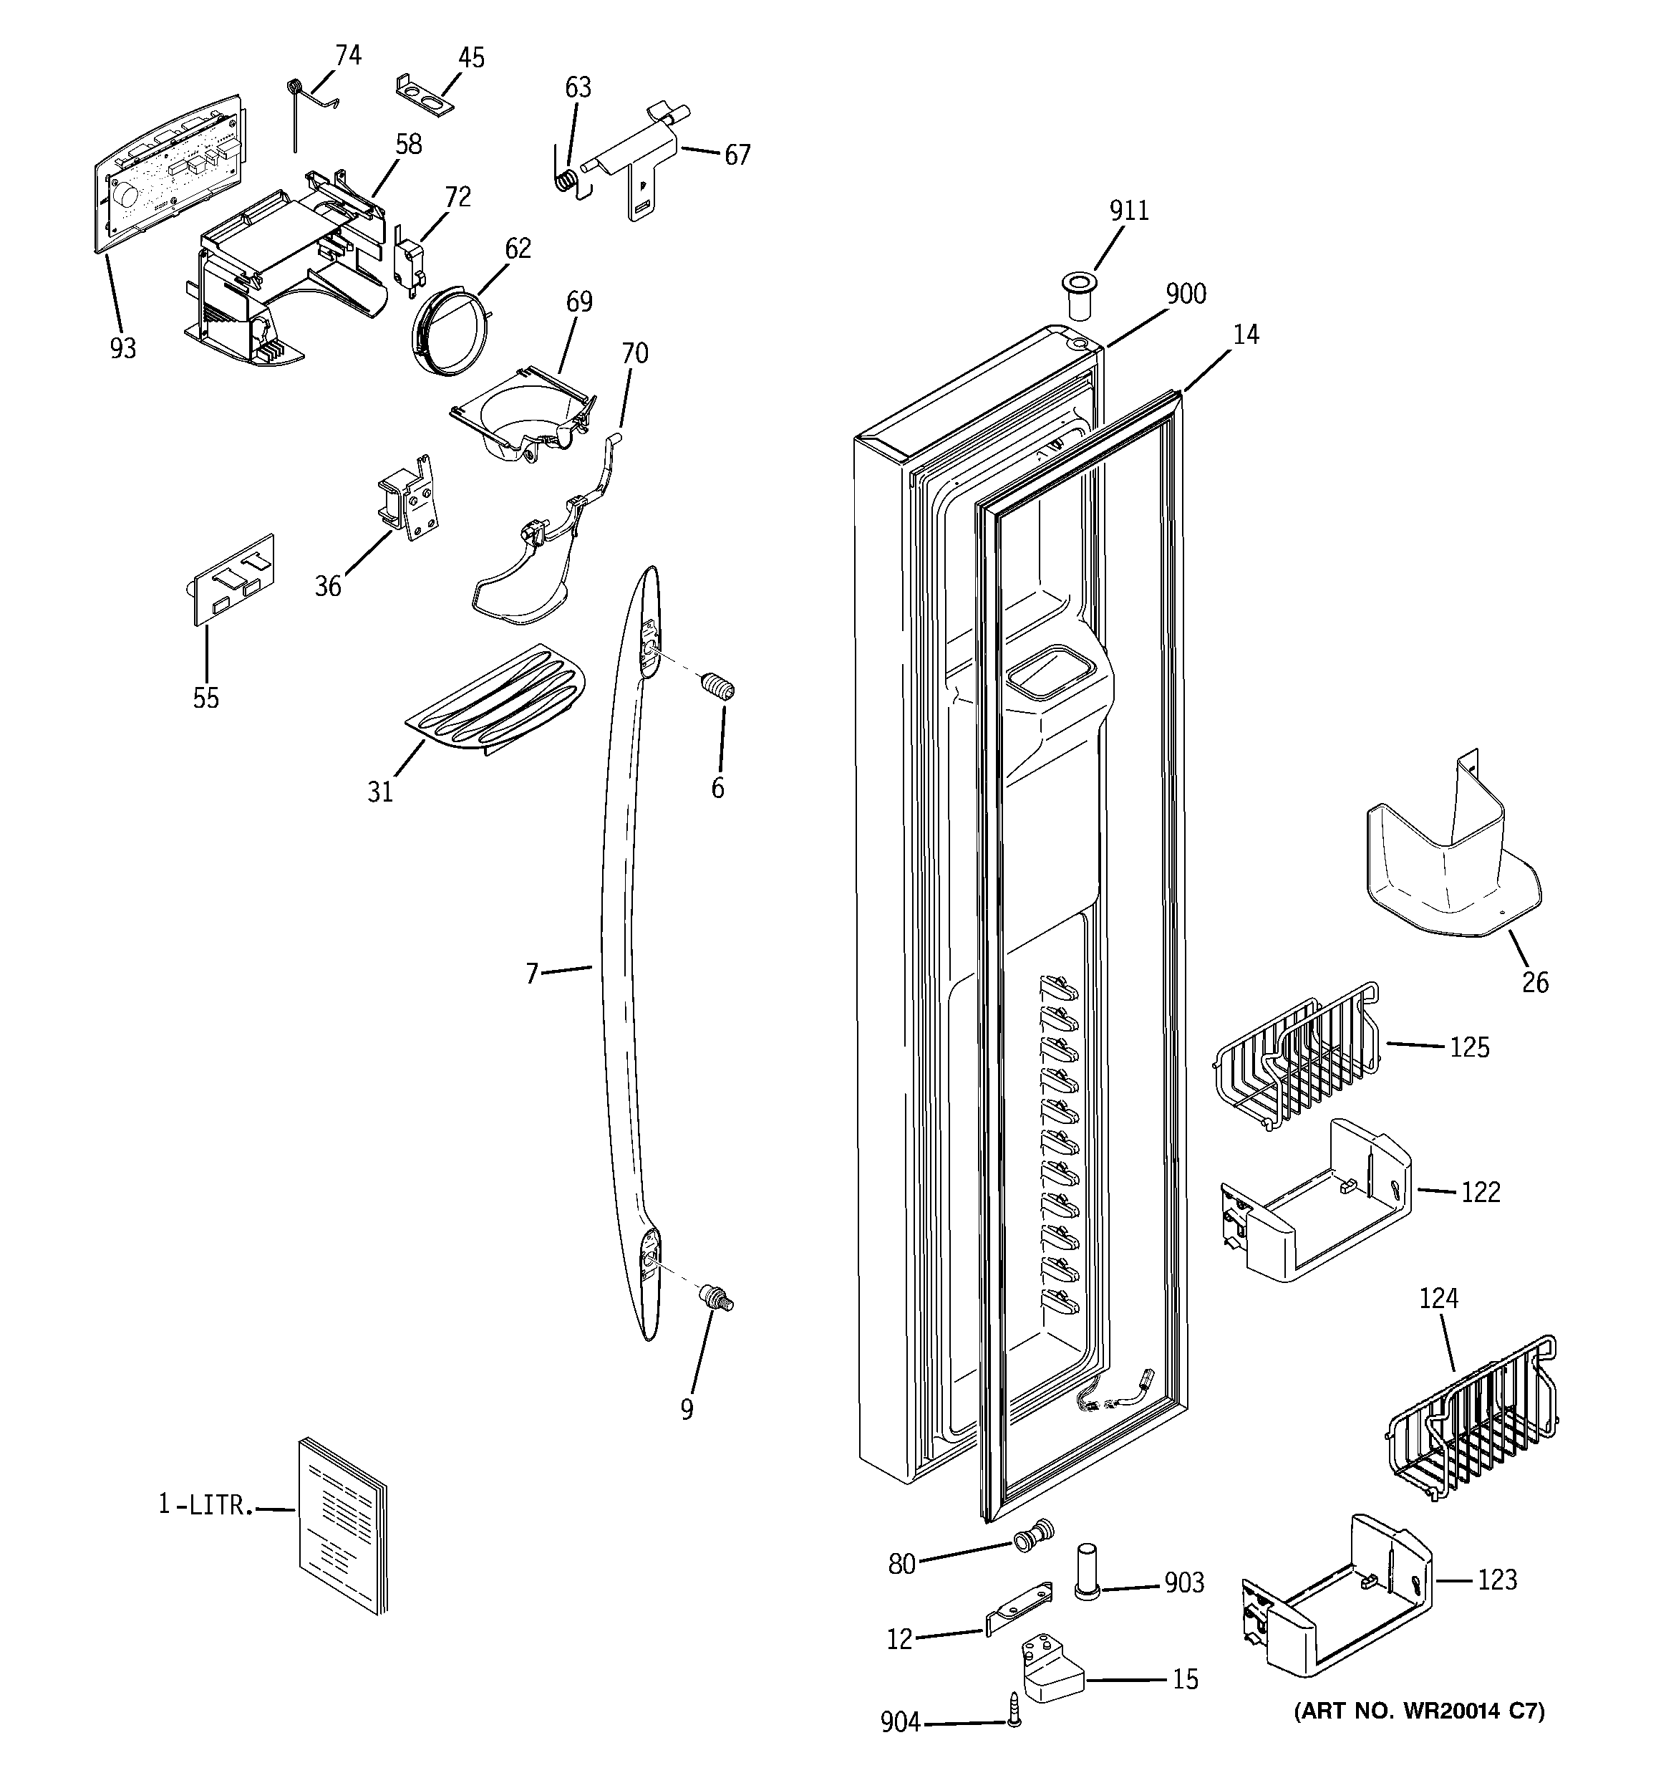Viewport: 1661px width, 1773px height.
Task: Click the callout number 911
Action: [1129, 211]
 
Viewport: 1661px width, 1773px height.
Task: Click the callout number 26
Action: [1534, 983]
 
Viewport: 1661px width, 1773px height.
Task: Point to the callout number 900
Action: [1186, 294]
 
